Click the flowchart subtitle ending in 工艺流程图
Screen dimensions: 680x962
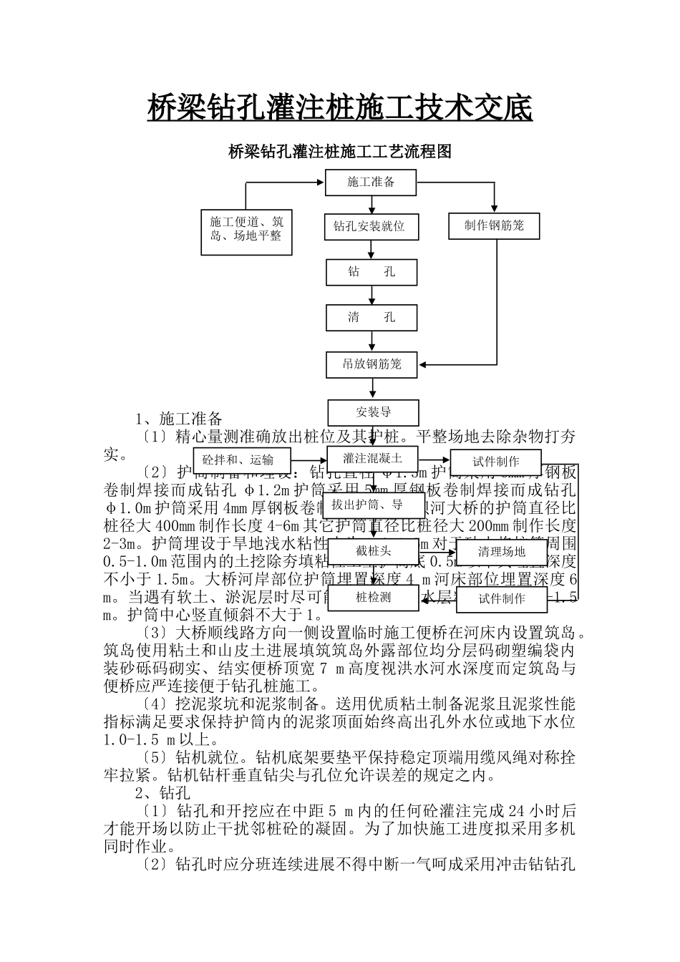pos(339,152)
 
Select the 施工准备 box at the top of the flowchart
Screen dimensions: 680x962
pos(371,182)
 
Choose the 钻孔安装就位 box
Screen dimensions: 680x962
pos(371,227)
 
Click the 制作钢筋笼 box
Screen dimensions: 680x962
pos(494,226)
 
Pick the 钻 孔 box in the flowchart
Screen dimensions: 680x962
pos(371,272)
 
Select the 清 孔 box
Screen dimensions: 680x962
pos(371,317)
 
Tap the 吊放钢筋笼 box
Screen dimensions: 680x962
pos(372,364)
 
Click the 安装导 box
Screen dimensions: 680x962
pos(373,412)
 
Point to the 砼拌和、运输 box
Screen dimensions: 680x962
pos(238,460)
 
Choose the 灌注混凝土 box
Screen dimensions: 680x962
pos(372,458)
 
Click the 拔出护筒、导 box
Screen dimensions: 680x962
pos(373,505)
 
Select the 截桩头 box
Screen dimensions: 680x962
pos(373,551)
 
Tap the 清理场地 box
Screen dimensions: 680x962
pos(502,551)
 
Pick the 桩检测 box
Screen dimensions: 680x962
pos(373,597)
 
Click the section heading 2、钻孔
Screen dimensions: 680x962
pos(163,792)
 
